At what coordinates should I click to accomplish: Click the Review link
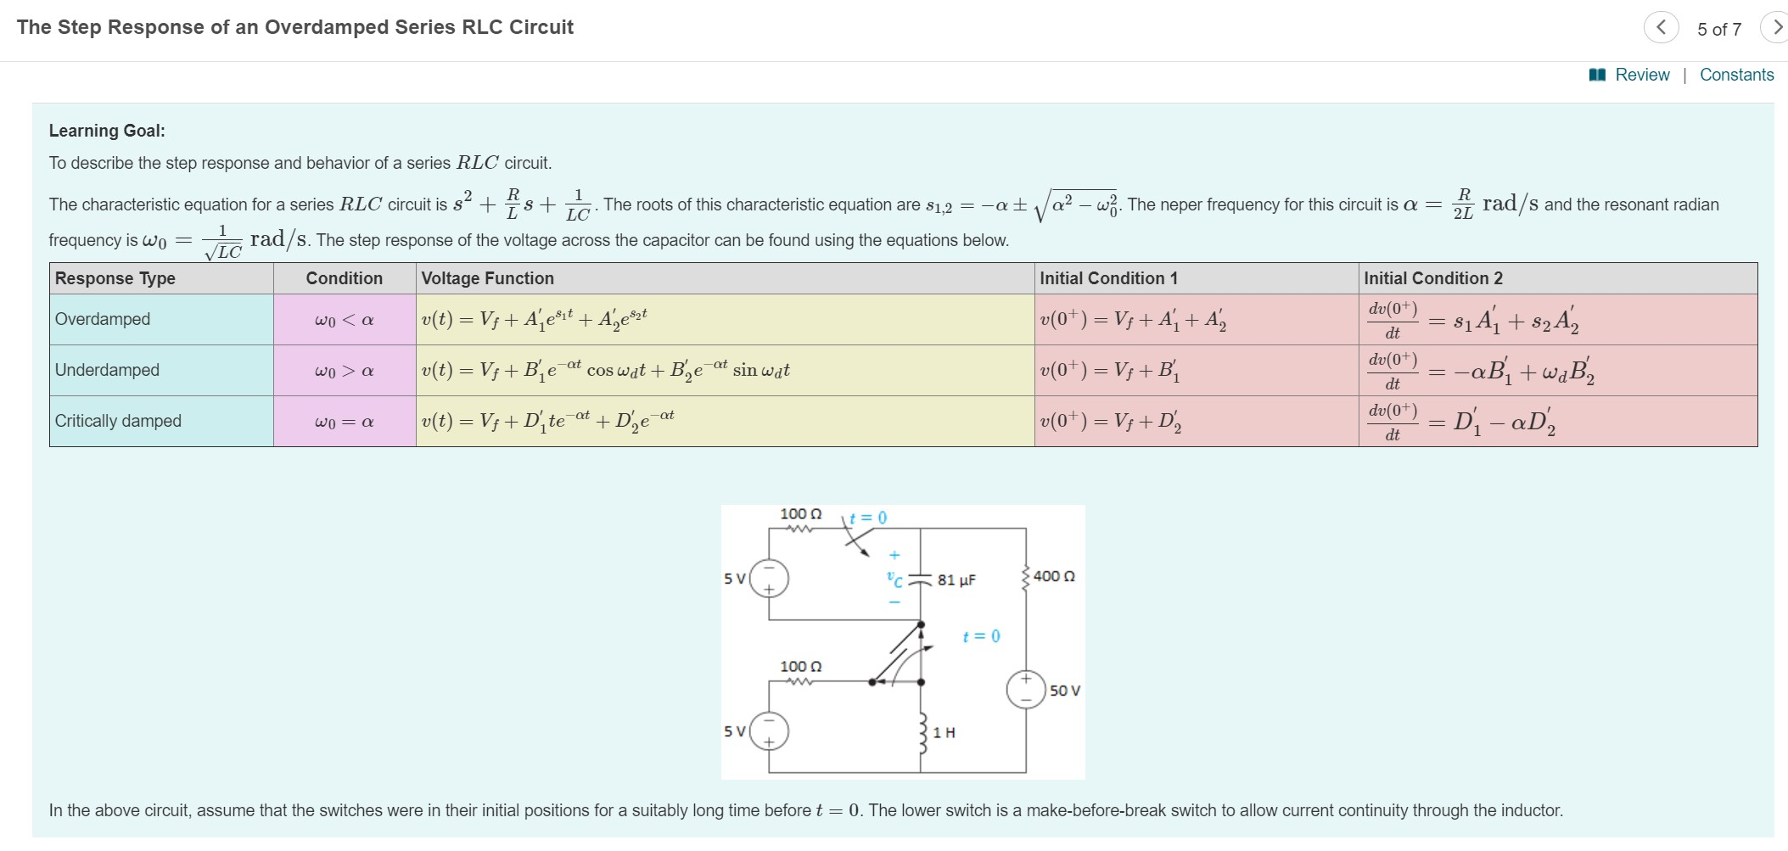[1641, 75]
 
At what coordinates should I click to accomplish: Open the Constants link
[1736, 75]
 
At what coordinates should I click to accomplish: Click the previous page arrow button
[1661, 27]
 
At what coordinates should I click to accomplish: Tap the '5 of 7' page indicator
[1718, 29]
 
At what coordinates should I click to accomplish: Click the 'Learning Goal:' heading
[107, 131]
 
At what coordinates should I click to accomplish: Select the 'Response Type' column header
[115, 278]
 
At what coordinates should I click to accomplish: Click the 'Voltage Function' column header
[487, 278]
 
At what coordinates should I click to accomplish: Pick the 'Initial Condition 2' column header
[1432, 278]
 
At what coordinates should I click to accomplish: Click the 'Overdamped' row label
[103, 319]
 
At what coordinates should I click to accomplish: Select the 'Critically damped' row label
[118, 421]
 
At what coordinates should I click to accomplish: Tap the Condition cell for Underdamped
[344, 371]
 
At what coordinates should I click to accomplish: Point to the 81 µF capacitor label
[956, 580]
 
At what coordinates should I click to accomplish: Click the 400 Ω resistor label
[1054, 576]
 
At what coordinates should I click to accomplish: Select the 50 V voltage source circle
[1026, 690]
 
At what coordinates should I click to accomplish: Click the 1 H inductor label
[944, 732]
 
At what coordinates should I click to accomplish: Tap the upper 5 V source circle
[770, 579]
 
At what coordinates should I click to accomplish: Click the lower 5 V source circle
[770, 731]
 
